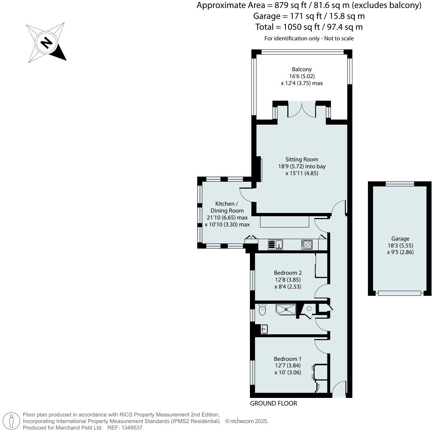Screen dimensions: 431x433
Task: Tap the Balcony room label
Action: (x=302, y=69)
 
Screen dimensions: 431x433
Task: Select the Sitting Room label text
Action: (x=302, y=159)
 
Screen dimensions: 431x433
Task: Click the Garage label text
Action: (x=400, y=239)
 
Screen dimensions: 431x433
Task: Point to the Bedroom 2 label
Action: (x=288, y=273)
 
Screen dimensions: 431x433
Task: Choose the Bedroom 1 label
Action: (x=288, y=359)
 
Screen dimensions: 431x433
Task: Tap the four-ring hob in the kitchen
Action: (x=307, y=245)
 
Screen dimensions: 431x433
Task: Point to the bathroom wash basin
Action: (x=264, y=329)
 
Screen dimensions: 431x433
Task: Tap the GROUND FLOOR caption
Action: (x=274, y=403)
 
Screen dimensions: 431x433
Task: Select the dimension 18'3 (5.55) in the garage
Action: (x=400, y=245)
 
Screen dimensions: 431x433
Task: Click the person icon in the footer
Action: (x=12, y=421)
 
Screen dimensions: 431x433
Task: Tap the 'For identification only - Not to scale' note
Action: (x=309, y=39)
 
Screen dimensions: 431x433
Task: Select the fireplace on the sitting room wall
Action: (x=259, y=169)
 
